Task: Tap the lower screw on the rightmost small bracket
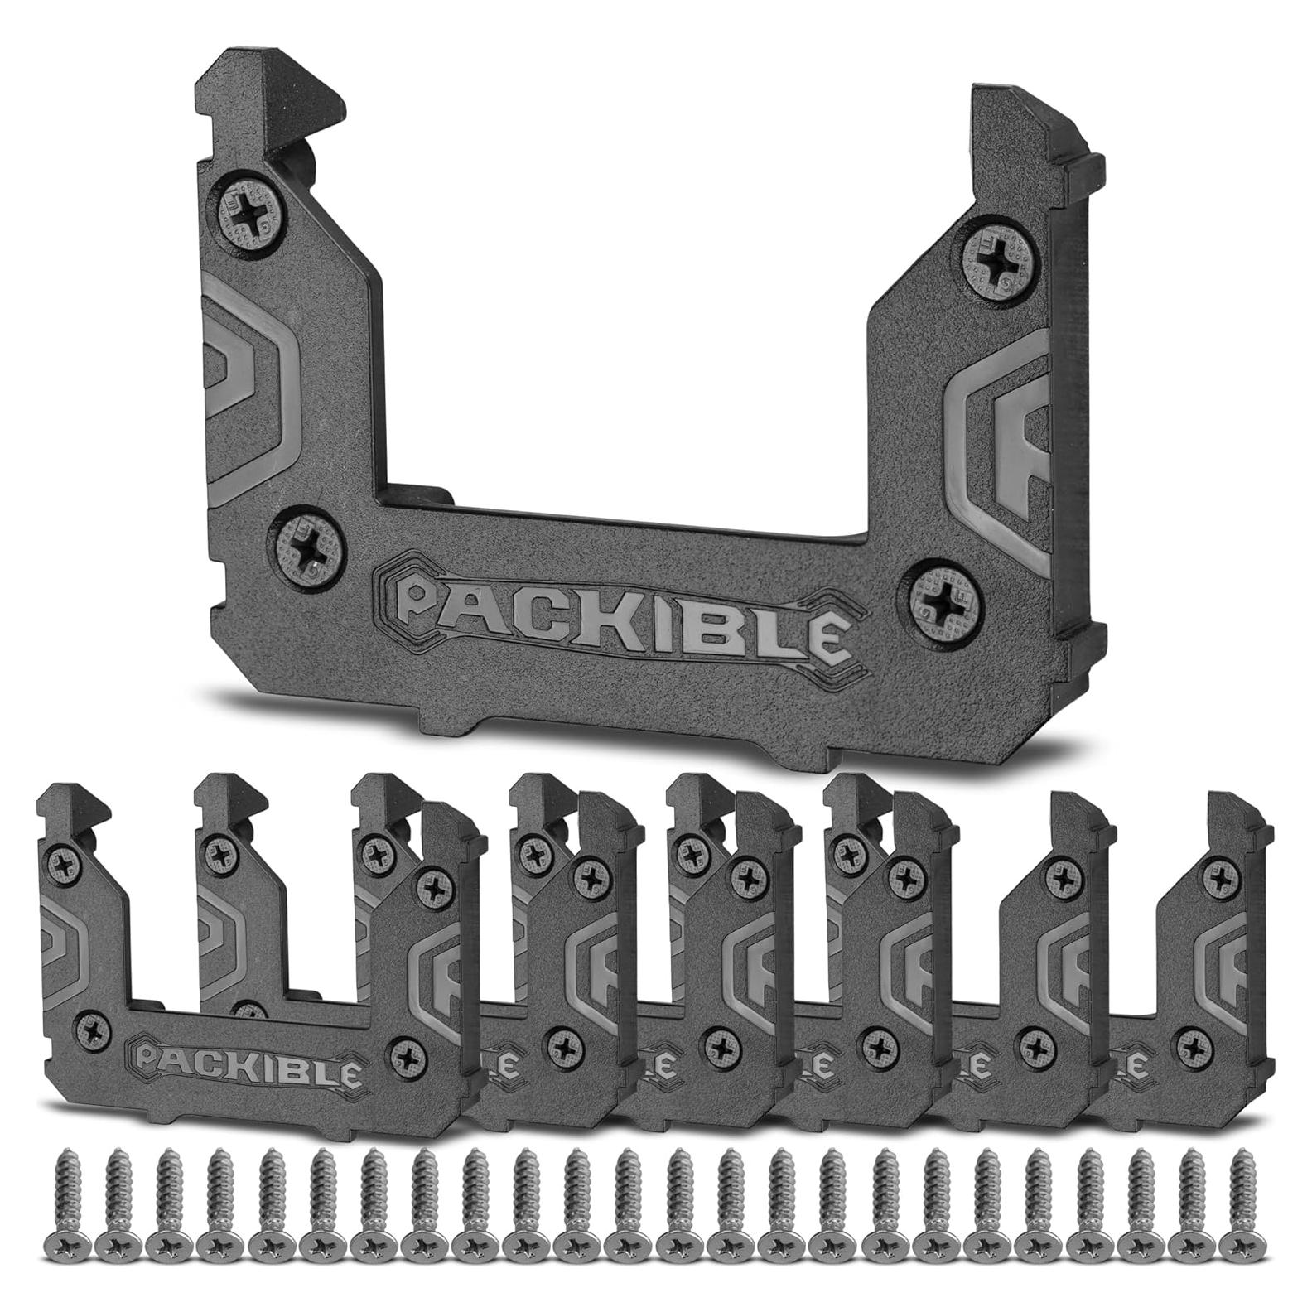click(x=1192, y=1038)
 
